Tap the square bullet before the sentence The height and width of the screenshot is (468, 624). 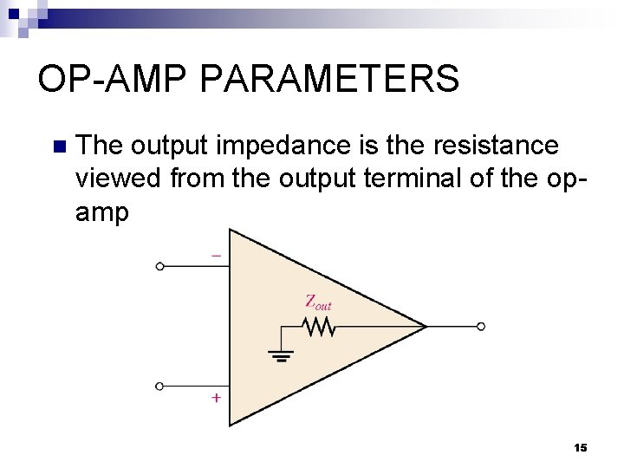pyautogui.click(x=59, y=146)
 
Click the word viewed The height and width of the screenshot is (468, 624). pyautogui.click(x=120, y=179)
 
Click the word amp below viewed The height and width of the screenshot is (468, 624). pyautogui.click(x=102, y=212)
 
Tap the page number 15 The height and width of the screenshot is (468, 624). pyautogui.click(x=581, y=447)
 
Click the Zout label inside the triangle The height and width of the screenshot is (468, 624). pyautogui.click(x=317, y=302)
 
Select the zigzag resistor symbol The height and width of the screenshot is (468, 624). pyautogui.click(x=317, y=327)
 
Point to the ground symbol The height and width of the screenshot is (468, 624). pyautogui.click(x=281, y=354)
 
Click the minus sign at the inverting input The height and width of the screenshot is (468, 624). pyautogui.click(x=216, y=256)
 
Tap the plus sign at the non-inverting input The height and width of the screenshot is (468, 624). pyautogui.click(x=216, y=398)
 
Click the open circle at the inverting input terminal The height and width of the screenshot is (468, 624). pyautogui.click(x=159, y=267)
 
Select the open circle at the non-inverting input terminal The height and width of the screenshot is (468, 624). pyautogui.click(x=159, y=386)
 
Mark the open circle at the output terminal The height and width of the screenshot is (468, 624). pyautogui.click(x=481, y=327)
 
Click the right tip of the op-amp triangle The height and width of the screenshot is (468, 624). pyautogui.click(x=426, y=327)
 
